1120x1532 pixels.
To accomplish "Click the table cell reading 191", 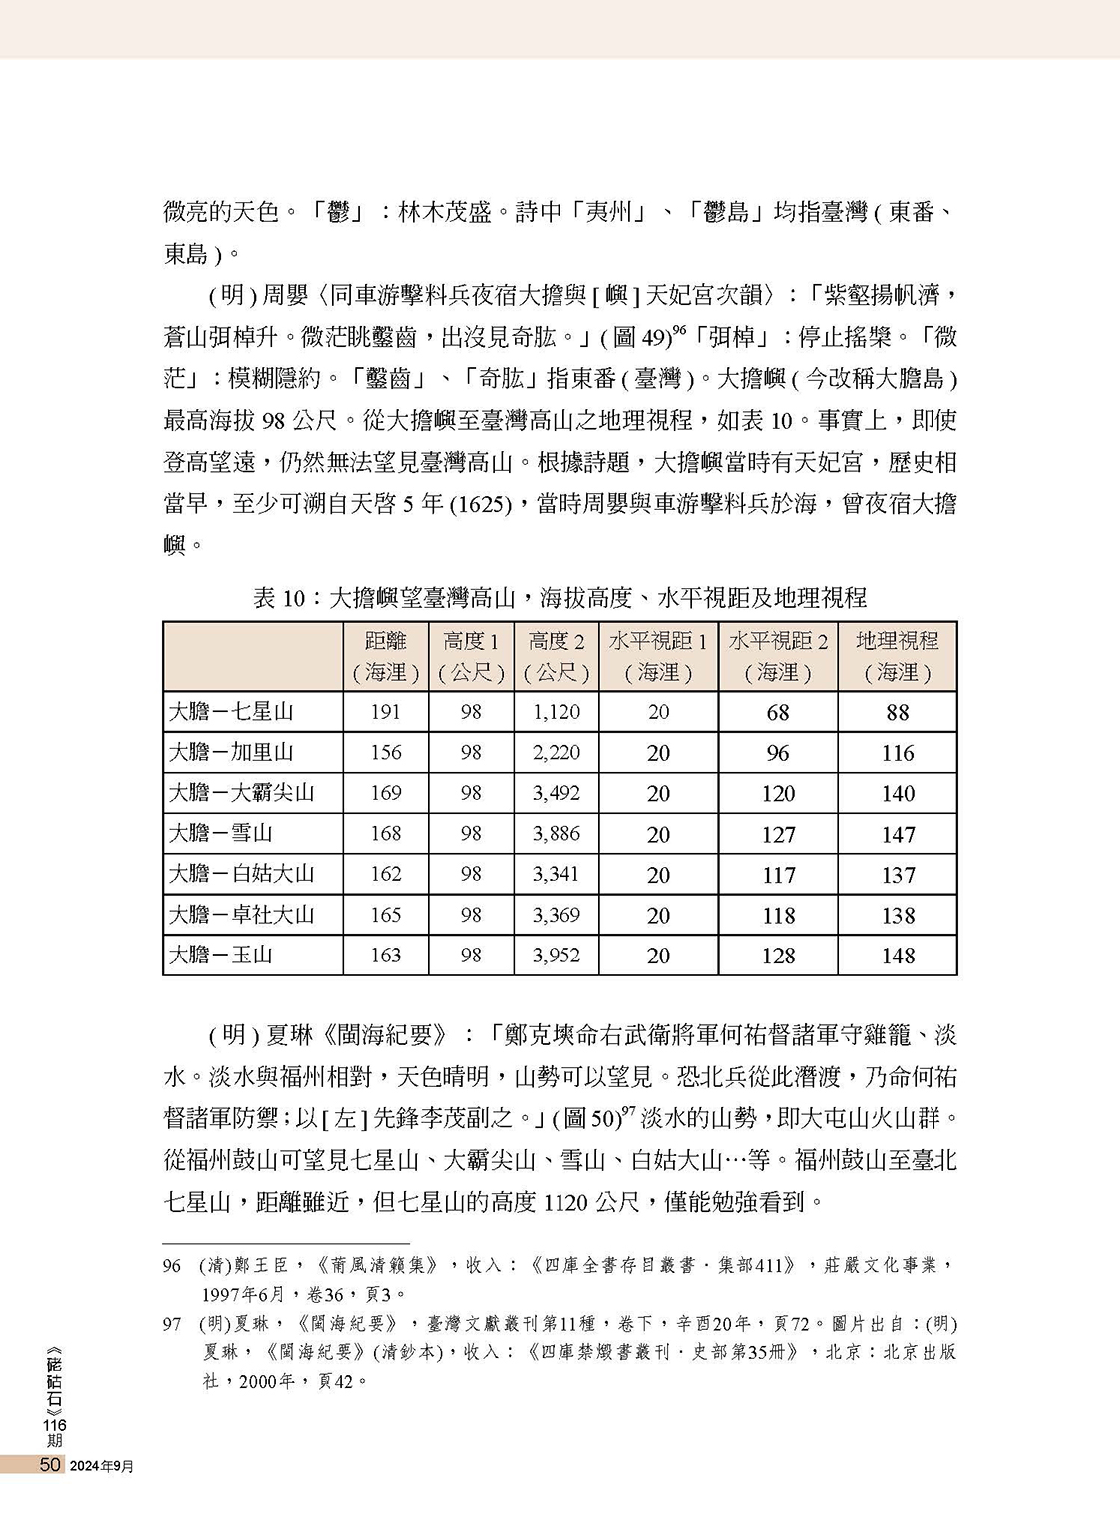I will pyautogui.click(x=385, y=712).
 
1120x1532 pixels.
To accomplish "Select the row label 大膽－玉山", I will pyautogui.click(x=220, y=955).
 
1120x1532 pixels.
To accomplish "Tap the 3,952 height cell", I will pyautogui.click(x=556, y=955).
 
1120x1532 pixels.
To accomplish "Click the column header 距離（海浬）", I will pyautogui.click(x=385, y=656).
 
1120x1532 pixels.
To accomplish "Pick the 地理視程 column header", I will pyautogui.click(x=897, y=656).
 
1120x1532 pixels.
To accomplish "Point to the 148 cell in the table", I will pyautogui.click(x=897, y=956).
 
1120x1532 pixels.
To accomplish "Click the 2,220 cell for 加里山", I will pyautogui.click(x=556, y=753).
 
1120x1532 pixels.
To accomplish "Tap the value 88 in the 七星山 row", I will pyautogui.click(x=897, y=713).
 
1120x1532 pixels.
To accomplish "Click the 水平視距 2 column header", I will pyautogui.click(x=778, y=656).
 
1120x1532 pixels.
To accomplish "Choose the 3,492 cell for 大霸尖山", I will pyautogui.click(x=556, y=793).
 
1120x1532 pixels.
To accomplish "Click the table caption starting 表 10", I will pyautogui.click(x=560, y=598).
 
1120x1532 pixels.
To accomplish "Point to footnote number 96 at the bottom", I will pyautogui.click(x=172, y=1266).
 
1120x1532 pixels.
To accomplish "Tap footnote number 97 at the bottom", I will pyautogui.click(x=172, y=1324).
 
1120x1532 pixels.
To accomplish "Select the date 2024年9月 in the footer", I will pyautogui.click(x=102, y=1465).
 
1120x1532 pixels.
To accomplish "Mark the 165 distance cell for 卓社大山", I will pyautogui.click(x=385, y=915).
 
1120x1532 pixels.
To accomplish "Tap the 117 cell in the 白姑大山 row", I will pyautogui.click(x=778, y=875).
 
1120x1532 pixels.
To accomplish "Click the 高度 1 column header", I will pyautogui.click(x=471, y=656).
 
